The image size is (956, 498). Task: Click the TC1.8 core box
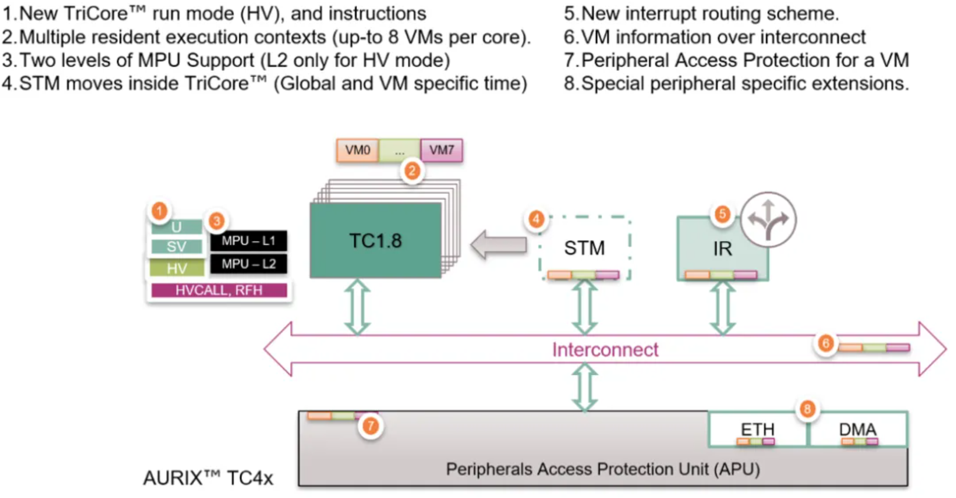[375, 240]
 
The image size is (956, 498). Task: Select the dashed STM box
[585, 248]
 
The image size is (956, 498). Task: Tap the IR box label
[722, 249]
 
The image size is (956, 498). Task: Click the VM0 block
[358, 150]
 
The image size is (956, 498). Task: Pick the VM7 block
[441, 150]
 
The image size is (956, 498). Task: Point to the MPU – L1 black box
[248, 241]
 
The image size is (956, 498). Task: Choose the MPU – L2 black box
[248, 264]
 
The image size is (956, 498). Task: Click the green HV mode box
[176, 268]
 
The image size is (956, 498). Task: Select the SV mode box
[176, 246]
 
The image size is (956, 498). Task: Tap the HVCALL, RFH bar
[219, 291]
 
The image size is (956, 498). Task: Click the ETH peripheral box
[757, 430]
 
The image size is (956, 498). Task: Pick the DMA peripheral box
[858, 430]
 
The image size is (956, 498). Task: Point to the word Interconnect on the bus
[605, 349]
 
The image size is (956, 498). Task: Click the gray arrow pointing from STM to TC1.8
[499, 244]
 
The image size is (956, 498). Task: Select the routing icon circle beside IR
[768, 219]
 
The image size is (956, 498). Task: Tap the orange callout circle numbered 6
[826, 343]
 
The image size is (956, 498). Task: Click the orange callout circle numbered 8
[807, 409]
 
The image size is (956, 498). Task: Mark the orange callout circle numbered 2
[412, 171]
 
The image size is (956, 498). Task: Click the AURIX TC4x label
[208, 478]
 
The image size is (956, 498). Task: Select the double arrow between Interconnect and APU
[585, 387]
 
